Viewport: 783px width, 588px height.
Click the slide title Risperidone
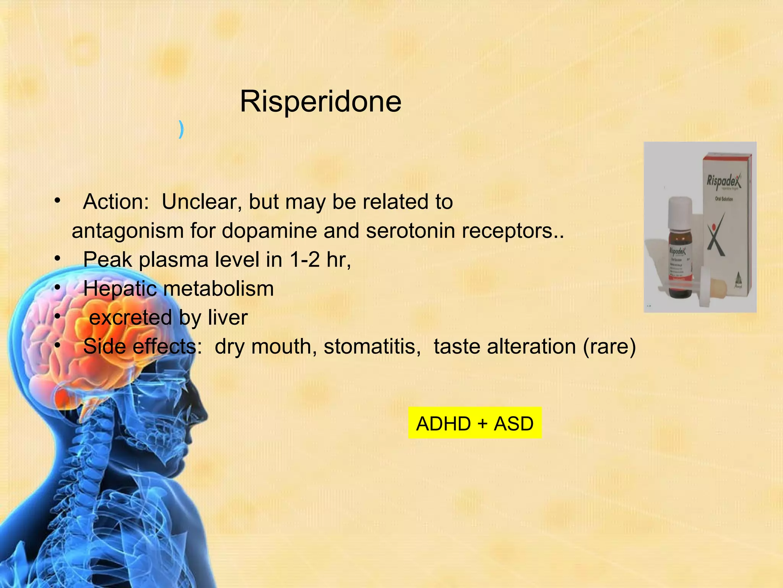coord(320,101)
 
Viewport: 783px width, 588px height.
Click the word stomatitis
coord(372,347)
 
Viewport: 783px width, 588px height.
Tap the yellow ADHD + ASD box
coord(474,423)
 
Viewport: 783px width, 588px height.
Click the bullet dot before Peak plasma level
coord(57,259)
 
